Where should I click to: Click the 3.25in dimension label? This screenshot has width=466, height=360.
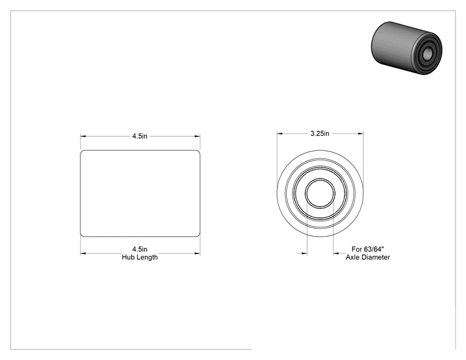pos(320,133)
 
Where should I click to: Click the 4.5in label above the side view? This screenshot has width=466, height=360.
pos(140,136)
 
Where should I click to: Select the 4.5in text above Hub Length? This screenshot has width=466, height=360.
pos(140,249)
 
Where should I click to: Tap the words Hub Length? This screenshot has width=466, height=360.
pos(140,257)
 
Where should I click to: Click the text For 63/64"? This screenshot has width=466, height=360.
pos(368,249)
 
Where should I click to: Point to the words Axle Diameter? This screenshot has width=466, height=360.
pos(368,257)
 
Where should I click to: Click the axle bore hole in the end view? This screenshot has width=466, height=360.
pos(320,193)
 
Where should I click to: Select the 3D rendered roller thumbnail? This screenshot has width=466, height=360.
pos(406,48)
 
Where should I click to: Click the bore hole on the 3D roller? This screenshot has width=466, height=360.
pos(428,54)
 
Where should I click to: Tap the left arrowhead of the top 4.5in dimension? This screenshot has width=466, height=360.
pos(83,136)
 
